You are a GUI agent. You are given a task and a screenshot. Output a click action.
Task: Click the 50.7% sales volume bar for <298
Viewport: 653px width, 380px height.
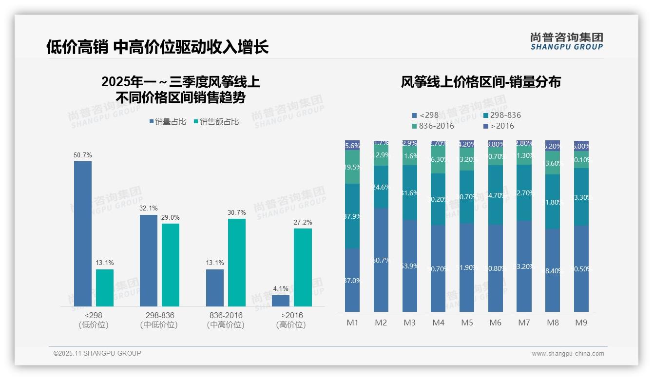(83, 234)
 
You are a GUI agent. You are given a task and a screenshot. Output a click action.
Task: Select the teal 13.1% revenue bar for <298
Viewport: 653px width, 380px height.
(105, 288)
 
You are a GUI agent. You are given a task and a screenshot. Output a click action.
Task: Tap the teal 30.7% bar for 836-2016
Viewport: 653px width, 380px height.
(237, 263)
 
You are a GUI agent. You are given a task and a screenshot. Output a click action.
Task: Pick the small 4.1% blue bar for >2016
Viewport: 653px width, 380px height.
(281, 301)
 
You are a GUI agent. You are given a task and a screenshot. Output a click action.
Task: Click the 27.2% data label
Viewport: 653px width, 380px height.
(303, 223)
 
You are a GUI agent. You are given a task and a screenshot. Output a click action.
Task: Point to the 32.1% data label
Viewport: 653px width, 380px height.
(149, 209)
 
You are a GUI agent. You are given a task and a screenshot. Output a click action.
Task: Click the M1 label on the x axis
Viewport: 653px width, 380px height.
(352, 323)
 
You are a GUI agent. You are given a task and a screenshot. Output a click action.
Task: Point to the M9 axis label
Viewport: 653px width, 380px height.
(581, 323)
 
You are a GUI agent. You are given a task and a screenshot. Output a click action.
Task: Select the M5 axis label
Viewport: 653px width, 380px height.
(467, 323)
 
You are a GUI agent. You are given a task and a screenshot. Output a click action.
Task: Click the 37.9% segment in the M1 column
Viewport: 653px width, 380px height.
(352, 216)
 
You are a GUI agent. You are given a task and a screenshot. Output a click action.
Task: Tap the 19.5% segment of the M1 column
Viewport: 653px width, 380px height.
(352, 167)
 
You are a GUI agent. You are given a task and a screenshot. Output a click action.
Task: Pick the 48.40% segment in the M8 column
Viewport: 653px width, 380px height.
(553, 270)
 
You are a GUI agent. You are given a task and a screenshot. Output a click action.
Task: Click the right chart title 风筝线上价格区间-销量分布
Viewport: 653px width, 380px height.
(480, 82)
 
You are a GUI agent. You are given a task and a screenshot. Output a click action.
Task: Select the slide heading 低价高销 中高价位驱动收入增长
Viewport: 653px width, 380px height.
(157, 47)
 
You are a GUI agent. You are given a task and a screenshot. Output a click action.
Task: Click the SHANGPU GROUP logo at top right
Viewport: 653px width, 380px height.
(567, 41)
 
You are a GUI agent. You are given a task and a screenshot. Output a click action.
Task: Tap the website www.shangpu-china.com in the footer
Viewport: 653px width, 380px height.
(568, 354)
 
